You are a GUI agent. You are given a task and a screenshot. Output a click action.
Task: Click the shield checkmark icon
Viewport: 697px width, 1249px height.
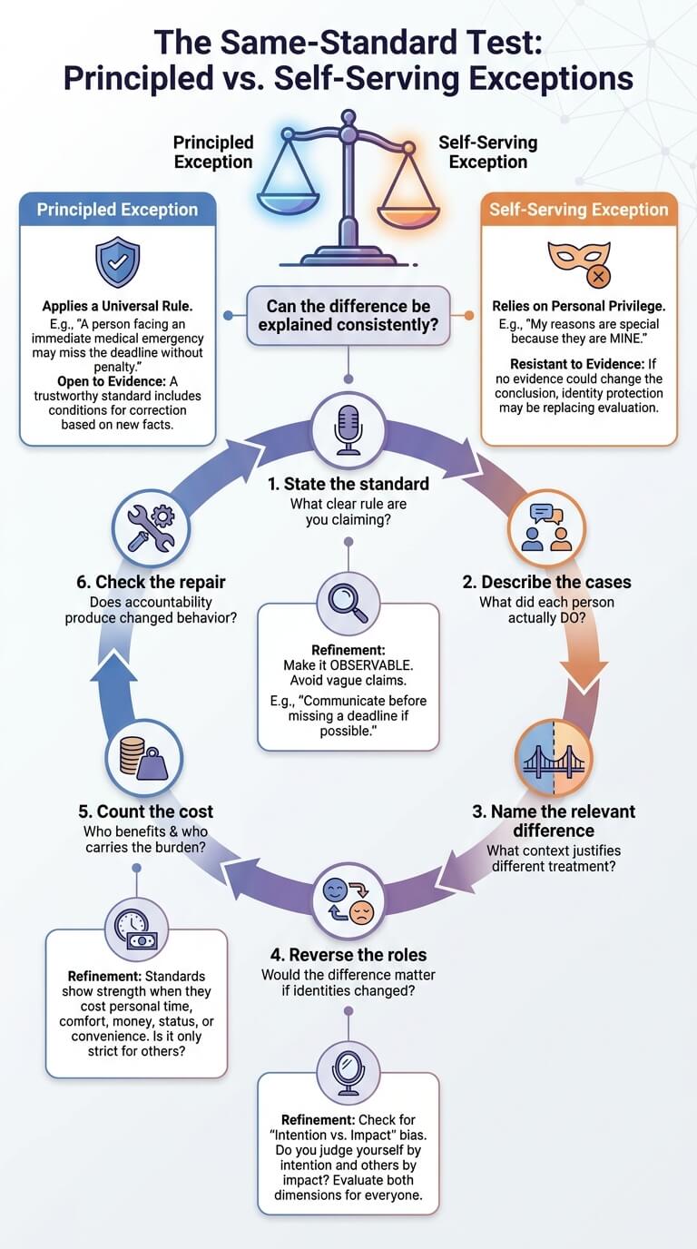coord(118,261)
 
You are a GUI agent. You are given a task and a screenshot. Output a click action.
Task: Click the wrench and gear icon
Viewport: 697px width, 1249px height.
coord(151,528)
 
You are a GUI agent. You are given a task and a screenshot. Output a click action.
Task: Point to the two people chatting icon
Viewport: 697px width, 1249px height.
coord(546,526)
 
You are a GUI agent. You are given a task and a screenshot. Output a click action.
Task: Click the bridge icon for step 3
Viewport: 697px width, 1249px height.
coord(553,758)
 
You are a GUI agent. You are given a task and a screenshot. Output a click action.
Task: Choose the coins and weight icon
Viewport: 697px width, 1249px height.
coord(143,758)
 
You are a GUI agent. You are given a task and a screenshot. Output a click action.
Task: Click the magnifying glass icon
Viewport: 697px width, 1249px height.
coord(348,603)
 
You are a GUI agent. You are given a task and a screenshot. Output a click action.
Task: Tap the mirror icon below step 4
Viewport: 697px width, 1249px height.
coord(348,1072)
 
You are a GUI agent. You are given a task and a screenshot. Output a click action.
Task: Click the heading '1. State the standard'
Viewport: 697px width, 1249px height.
coord(348,484)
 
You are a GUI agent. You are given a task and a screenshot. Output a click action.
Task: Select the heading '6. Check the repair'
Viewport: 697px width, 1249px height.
coord(152,582)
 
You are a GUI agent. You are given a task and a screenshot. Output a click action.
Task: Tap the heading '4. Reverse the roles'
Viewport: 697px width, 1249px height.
coord(348,955)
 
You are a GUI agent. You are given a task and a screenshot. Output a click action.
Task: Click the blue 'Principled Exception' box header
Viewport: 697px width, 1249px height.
coord(118,209)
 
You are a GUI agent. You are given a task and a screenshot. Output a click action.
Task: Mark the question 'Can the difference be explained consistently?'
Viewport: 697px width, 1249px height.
coord(348,315)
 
